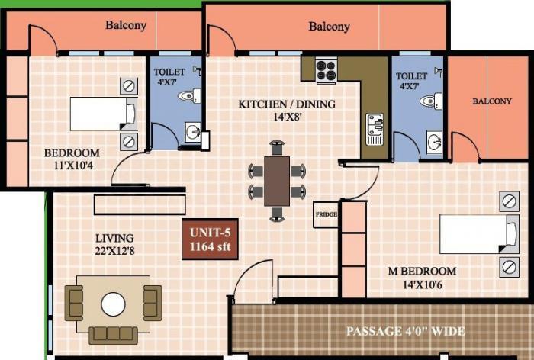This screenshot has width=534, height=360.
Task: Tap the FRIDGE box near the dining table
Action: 326,214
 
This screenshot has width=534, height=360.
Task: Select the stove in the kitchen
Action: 326,71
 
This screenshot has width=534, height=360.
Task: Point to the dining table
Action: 277,181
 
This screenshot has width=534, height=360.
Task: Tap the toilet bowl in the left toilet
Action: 188,96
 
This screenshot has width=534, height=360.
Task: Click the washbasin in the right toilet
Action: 436,142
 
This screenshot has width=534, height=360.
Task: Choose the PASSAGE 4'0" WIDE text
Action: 406,332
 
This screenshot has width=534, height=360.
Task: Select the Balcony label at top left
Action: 126,25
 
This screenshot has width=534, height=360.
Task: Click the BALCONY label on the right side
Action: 492,101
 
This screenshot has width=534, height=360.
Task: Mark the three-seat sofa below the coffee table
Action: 113,334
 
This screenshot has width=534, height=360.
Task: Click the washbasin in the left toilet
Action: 192,133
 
